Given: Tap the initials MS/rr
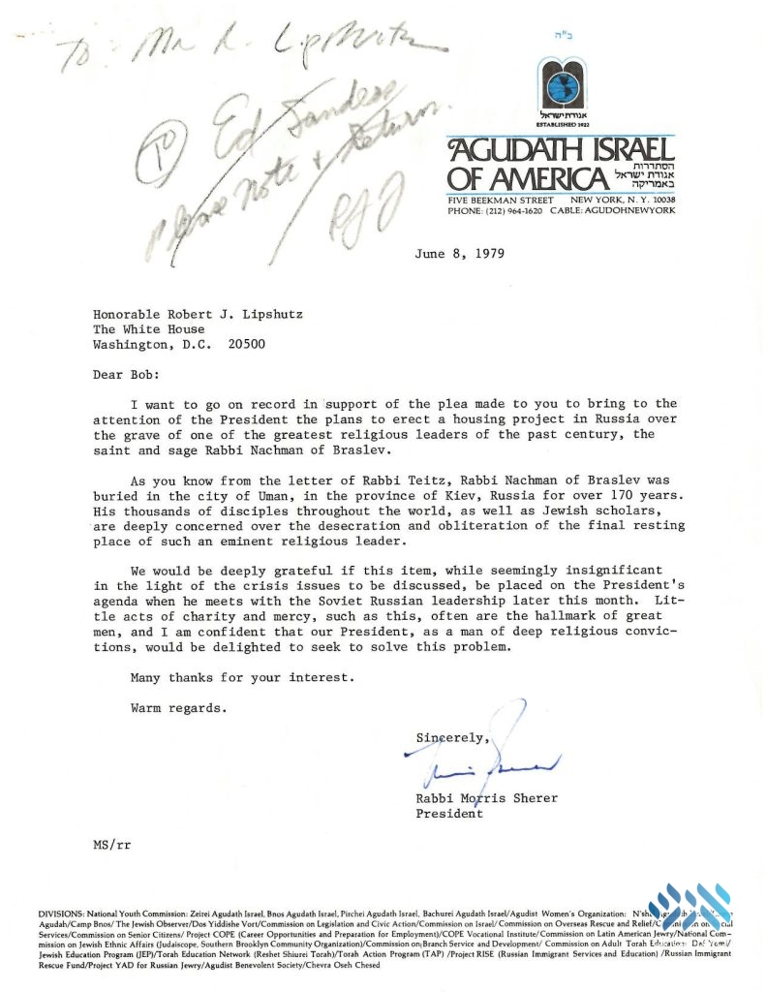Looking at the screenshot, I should click(x=107, y=845).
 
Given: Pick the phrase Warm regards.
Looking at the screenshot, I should click(x=180, y=707).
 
